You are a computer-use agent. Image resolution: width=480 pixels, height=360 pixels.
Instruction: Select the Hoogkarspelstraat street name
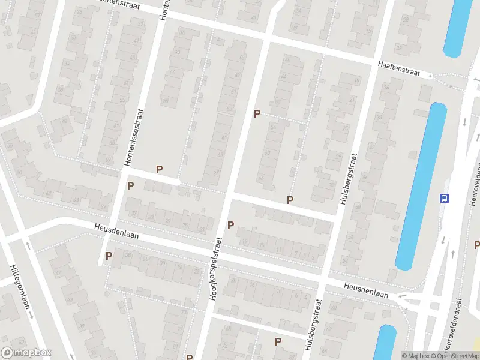pyautogui.click(x=216, y=268)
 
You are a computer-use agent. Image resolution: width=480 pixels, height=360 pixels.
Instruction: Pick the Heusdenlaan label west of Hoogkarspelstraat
pyautogui.click(x=116, y=232)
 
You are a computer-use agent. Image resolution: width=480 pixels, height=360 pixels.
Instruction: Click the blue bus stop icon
pyautogui.click(x=444, y=198)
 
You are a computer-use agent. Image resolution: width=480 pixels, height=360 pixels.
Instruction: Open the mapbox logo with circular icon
pyautogui.click(x=26, y=353)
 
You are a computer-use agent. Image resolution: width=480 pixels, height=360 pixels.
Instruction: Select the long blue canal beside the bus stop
pyautogui.click(x=421, y=186)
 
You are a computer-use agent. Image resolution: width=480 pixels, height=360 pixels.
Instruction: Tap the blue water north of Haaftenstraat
pyautogui.click(x=458, y=27)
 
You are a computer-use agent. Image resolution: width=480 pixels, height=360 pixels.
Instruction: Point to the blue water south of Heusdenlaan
pyautogui.click(x=385, y=343)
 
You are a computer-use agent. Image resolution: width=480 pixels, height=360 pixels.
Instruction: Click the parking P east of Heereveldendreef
pyautogui.click(x=477, y=245)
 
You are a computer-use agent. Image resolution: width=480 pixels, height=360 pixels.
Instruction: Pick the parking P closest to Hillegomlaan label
pyautogui.click(x=109, y=256)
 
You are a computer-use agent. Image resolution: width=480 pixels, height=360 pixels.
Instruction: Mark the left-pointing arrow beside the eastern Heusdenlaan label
pyautogui.click(x=403, y=296)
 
